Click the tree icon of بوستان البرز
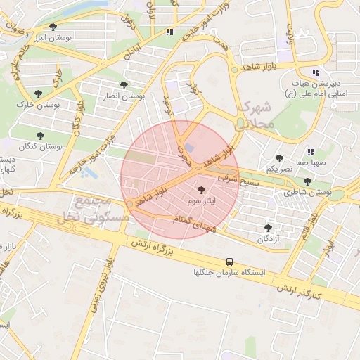tap(53, 27)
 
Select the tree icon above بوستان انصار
tap(124, 85)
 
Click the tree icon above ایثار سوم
tap(202, 190)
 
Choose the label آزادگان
tap(267, 239)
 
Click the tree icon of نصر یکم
tap(279, 158)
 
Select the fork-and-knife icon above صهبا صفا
tap(310, 152)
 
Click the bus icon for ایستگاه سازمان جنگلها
tap(231, 261)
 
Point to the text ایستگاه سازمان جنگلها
tap(231, 272)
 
